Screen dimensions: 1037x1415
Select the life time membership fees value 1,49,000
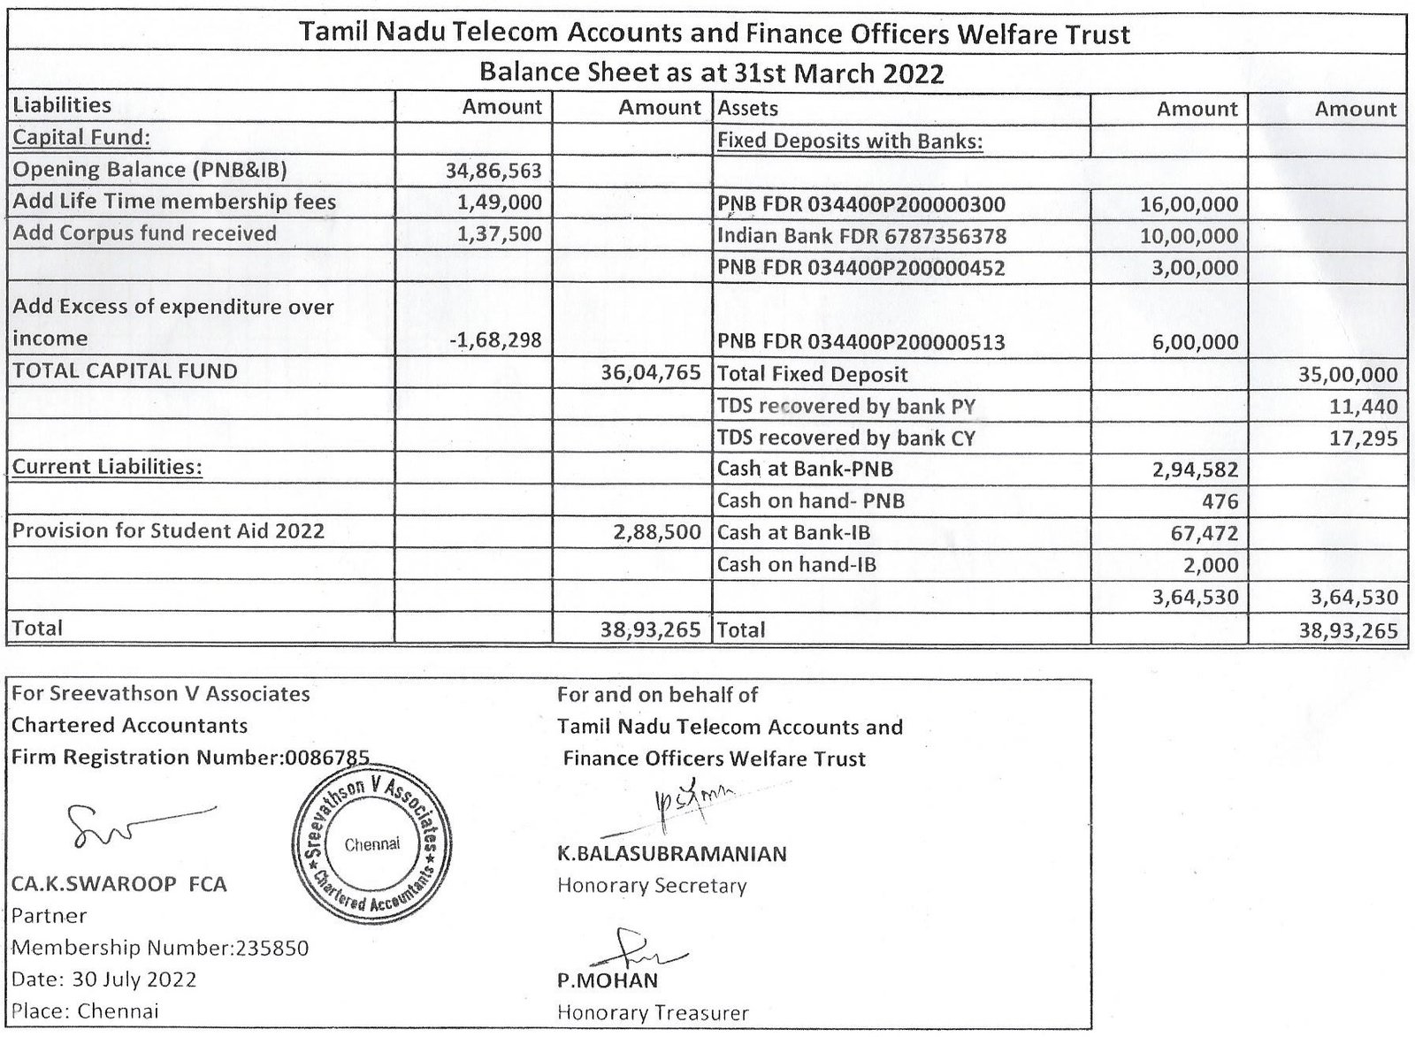coord(500,202)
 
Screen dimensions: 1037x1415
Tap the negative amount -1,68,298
coord(494,339)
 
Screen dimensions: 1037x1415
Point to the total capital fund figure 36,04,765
coord(651,372)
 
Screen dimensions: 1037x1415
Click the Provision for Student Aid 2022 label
coord(168,531)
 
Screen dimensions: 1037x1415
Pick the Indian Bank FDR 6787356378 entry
coord(861,237)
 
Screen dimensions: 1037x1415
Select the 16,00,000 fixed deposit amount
coord(1189,205)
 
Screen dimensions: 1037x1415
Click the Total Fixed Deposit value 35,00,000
coord(1348,374)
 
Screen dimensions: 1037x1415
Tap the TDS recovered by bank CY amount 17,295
coord(1364,438)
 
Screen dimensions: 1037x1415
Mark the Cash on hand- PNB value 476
coord(1220,501)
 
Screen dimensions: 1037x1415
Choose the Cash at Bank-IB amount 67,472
coord(1208,533)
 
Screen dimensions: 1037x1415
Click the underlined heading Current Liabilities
coord(107,467)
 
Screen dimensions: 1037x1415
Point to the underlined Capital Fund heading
coord(81,138)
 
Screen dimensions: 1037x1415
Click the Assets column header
coord(748,109)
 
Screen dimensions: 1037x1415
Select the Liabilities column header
coord(62,105)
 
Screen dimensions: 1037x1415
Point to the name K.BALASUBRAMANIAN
coord(671,854)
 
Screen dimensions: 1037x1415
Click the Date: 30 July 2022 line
coord(104,980)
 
